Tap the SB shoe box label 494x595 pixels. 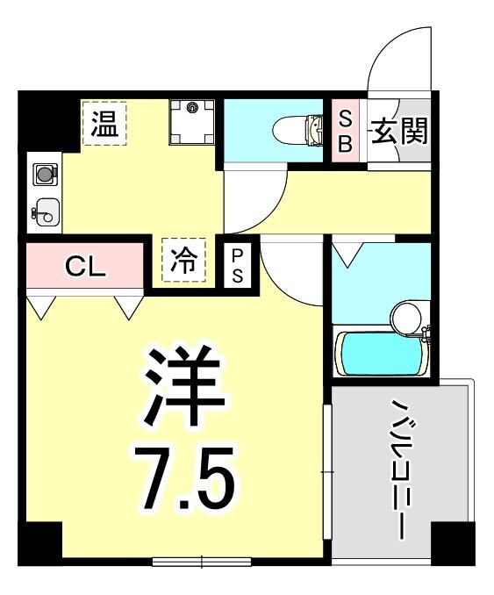[x=345, y=131]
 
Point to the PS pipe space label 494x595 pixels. [x=238, y=264]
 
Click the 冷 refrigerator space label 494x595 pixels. [x=183, y=260]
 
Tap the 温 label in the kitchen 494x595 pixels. [x=105, y=125]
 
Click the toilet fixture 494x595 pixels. [x=298, y=130]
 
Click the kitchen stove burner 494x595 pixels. [x=44, y=175]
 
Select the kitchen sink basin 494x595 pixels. [x=45, y=211]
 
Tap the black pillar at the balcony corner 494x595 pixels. [x=453, y=542]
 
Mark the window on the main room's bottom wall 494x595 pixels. [x=202, y=561]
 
